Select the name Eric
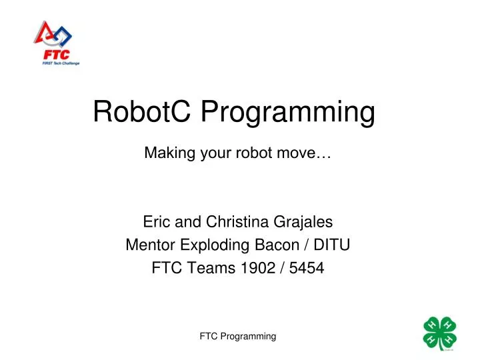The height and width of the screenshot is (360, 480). [155, 222]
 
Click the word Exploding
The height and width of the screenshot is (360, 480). [206, 245]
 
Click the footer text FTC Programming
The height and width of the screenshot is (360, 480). [238, 337]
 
